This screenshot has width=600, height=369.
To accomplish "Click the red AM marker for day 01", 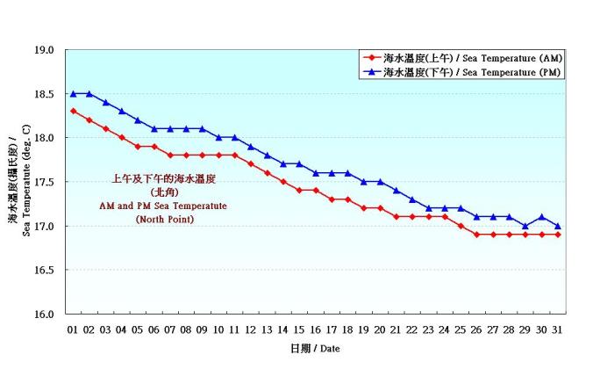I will pos(73,111).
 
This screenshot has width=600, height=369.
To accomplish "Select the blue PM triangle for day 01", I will pos(73,93).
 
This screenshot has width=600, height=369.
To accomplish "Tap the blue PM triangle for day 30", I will pos(541,216).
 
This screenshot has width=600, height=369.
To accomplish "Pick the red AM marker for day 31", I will pos(558,235).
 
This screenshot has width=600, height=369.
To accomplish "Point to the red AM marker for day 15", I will pos(299,190).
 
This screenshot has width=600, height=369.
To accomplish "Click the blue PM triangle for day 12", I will pos(251,146).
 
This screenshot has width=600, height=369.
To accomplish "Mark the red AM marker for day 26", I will pos(477,235).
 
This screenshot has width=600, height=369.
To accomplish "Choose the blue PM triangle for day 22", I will pos(412,199).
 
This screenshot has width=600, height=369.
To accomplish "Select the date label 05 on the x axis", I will pos(138,329).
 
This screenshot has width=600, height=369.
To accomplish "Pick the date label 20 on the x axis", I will pos(380,329).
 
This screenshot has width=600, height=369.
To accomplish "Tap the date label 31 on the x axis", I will pos(558,329).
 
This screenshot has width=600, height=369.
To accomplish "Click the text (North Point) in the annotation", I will pos(164,219).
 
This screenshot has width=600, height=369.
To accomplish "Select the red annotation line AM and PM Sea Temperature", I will pos(164,206).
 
